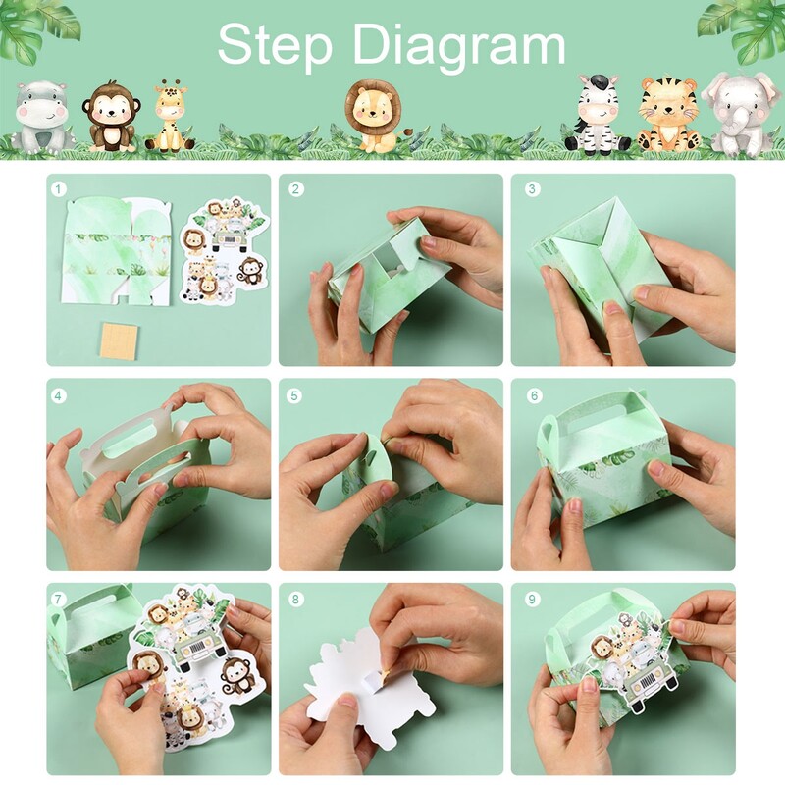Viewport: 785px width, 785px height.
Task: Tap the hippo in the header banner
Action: [40, 118]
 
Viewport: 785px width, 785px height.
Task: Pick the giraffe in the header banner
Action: [171, 117]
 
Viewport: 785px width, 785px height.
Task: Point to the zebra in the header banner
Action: [596, 114]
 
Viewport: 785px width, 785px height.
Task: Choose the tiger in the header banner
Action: [667, 115]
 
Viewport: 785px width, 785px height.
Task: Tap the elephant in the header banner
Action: [737, 114]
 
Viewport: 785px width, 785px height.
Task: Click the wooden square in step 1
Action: [121, 340]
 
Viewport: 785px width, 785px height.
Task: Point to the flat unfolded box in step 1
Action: [116, 251]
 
